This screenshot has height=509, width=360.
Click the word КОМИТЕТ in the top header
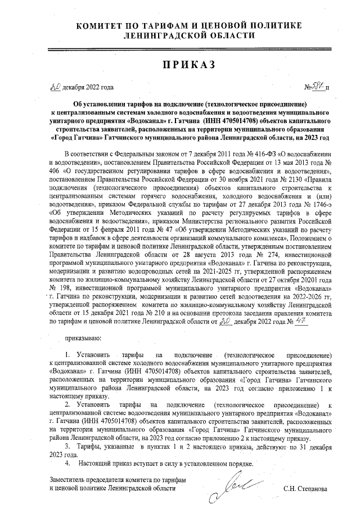pyautogui.click(x=103, y=26)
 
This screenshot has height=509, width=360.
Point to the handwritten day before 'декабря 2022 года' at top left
pyautogui.click(x=55, y=87)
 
